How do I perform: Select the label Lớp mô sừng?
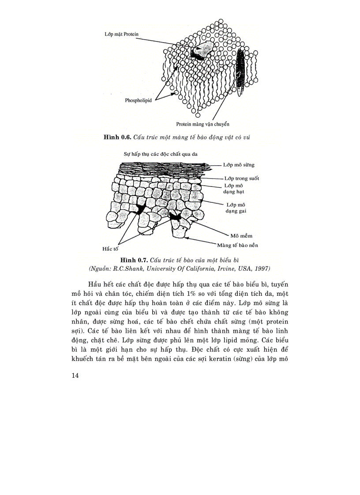(x=239, y=165)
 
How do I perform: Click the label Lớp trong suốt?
(x=241, y=178)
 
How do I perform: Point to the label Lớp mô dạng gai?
(x=236, y=208)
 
